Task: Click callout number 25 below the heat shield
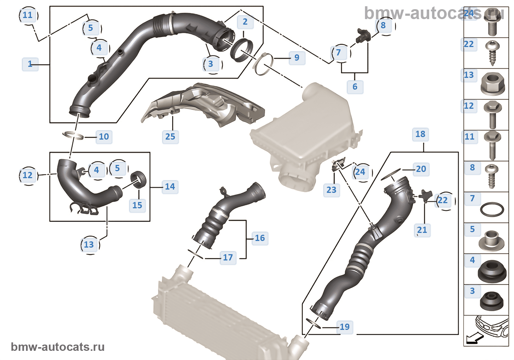170,137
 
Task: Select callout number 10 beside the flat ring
104,137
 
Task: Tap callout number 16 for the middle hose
260,238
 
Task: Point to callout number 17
228,258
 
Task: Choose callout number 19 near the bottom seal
344,327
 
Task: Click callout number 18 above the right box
420,134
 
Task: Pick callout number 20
421,169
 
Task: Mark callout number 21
422,230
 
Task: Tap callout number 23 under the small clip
331,190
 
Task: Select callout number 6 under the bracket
355,87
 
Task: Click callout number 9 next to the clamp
297,58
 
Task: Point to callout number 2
245,22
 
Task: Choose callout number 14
170,187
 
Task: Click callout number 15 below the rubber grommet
137,205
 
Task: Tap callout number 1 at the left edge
30,64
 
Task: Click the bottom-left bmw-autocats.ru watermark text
58,347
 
